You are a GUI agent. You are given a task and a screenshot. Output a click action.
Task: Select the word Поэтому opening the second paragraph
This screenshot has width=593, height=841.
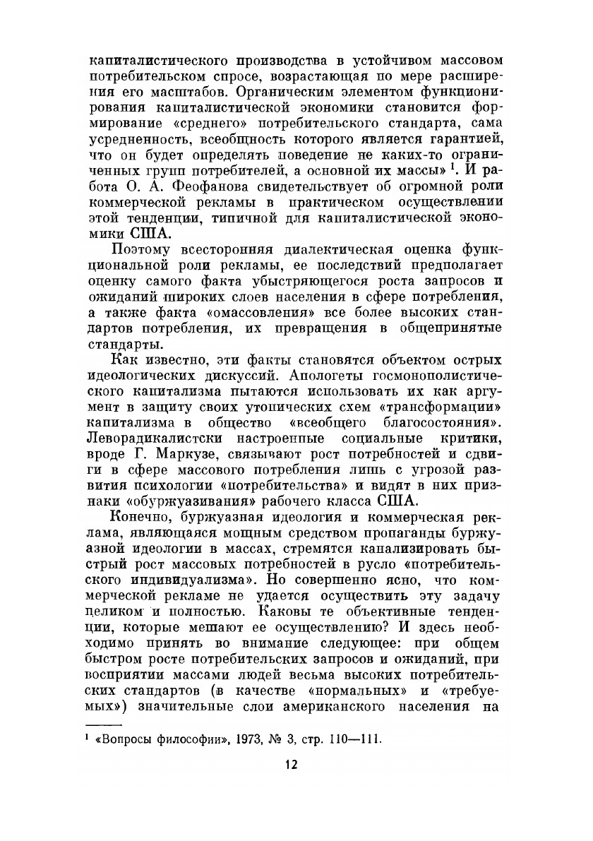click(x=143, y=249)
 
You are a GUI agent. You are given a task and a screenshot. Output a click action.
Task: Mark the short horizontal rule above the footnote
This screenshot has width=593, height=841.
click(x=103, y=724)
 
